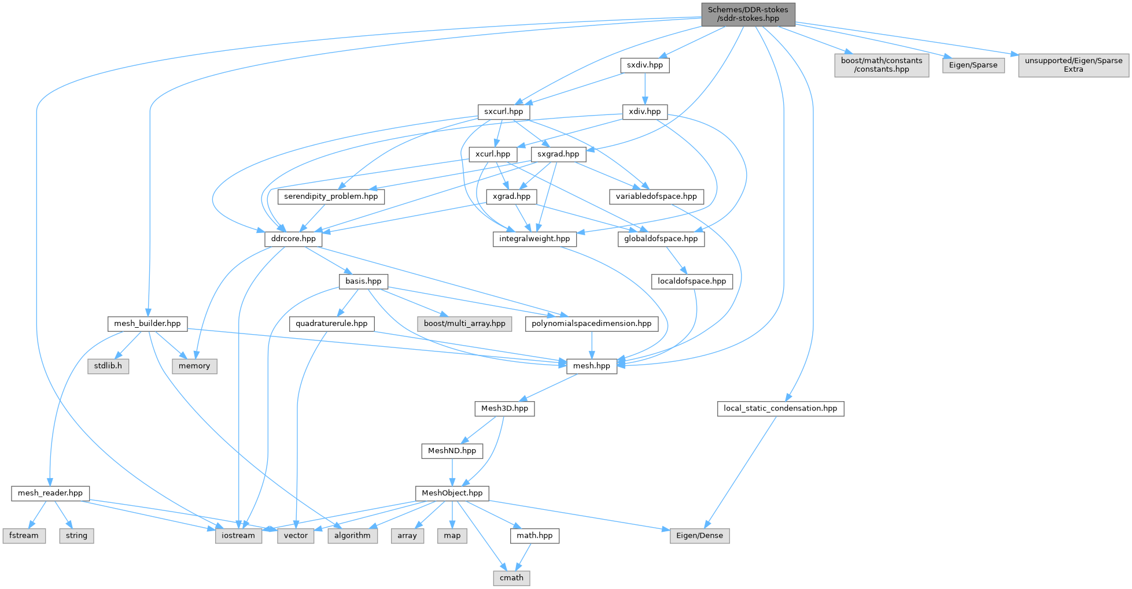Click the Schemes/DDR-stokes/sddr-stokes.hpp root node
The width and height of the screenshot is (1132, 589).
[748, 14]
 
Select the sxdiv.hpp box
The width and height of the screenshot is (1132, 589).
[645, 65]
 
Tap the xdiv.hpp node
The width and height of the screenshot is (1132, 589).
[644, 112]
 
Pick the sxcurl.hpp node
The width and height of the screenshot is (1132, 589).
[503, 112]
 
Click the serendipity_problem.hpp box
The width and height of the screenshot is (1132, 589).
[331, 197]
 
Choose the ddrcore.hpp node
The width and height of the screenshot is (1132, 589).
[293, 239]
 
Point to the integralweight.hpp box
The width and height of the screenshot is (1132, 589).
[534, 239]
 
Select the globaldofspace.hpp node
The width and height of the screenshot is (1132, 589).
[661, 239]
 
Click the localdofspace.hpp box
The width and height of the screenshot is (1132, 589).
[692, 281]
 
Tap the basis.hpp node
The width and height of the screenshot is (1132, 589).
[363, 281]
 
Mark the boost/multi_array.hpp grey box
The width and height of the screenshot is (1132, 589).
[464, 324]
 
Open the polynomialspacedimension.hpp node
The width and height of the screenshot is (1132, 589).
[591, 324]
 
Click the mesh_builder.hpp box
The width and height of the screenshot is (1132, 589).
[148, 324]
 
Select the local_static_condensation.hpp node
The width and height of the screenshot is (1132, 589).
[780, 409]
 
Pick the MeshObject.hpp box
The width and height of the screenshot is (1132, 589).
[452, 493]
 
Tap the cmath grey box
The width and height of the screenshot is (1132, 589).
[511, 578]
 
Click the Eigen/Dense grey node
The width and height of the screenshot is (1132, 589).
[699, 536]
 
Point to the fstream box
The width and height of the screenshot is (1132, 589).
[24, 536]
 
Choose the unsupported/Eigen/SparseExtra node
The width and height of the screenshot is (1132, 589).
[1073, 65]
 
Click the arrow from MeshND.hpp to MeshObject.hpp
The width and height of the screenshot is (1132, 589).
[452, 472]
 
